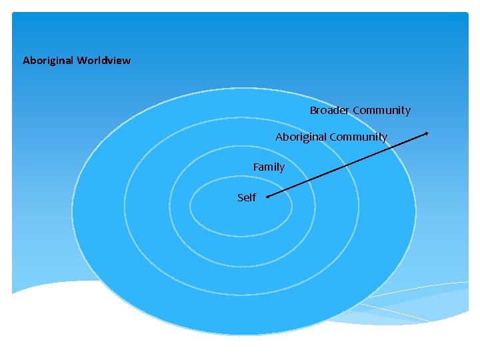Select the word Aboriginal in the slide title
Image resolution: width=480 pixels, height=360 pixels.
(x=48, y=61)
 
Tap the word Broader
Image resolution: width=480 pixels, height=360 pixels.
(x=329, y=111)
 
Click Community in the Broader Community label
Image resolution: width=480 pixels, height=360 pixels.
(x=381, y=111)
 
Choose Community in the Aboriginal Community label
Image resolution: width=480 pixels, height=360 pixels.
(x=358, y=137)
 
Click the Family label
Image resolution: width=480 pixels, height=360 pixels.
(x=269, y=167)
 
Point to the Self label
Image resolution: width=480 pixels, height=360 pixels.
(x=247, y=198)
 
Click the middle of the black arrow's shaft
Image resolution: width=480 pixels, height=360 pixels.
(x=347, y=165)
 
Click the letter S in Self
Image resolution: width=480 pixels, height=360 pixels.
(x=240, y=198)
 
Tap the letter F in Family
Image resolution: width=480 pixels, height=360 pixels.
(x=255, y=167)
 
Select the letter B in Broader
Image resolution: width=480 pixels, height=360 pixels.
(x=313, y=111)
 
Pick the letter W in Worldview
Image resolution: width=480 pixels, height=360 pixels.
(x=81, y=61)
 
